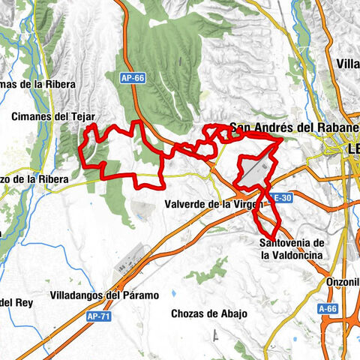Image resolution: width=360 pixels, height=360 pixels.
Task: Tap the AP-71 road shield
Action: [97, 317]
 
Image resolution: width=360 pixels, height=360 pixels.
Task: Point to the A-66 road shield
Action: [326, 308]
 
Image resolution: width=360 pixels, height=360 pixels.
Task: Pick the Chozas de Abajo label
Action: [208, 313]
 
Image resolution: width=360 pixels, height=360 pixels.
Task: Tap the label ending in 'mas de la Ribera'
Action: [37, 85]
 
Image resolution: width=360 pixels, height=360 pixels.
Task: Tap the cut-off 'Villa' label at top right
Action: [349, 63]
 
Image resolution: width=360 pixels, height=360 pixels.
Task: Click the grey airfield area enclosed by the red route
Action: [252, 169]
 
